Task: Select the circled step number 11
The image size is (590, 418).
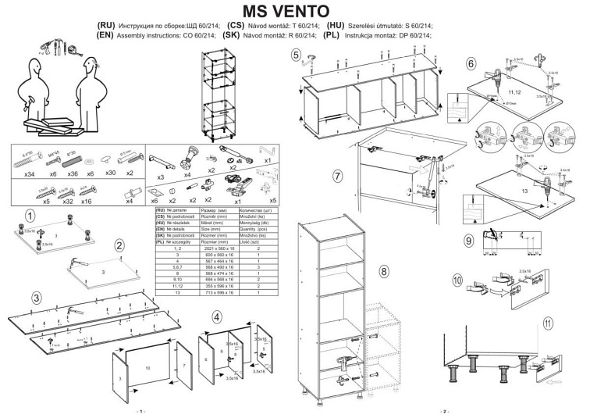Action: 549,322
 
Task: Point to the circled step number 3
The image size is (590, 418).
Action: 37,298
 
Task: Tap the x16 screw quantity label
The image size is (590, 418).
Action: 87,201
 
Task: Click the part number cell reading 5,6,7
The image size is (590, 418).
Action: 177,266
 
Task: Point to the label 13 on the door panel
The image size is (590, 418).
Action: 502,190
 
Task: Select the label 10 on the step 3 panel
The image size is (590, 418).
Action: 147,366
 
